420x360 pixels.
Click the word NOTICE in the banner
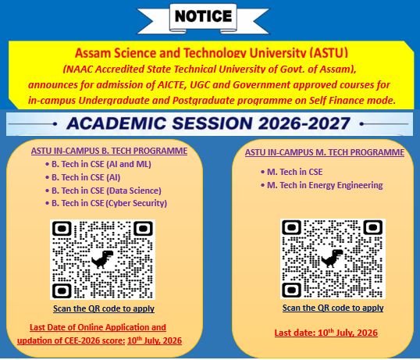(x=203, y=16)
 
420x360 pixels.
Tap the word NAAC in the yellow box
(x=79, y=69)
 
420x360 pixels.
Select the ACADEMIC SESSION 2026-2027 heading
(x=208, y=123)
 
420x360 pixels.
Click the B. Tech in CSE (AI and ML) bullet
(x=98, y=164)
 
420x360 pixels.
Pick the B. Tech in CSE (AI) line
(x=83, y=177)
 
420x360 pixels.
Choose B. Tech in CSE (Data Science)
(x=103, y=191)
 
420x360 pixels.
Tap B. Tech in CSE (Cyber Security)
(x=106, y=203)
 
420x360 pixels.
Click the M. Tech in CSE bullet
(x=292, y=172)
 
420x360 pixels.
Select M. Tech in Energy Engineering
(x=322, y=185)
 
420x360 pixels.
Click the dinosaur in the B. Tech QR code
(x=102, y=259)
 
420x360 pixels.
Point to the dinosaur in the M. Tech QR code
(x=333, y=258)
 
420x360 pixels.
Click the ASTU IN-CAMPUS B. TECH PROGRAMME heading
(x=109, y=151)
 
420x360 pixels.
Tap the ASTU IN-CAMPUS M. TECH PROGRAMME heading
(x=325, y=152)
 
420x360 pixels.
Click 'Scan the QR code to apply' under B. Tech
(x=104, y=308)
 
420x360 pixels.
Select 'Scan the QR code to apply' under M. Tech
(x=333, y=308)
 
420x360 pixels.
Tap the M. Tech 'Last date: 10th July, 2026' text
(x=326, y=333)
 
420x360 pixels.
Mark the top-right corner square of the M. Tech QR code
(x=372, y=228)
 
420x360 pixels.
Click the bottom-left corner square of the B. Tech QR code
(x=62, y=290)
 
